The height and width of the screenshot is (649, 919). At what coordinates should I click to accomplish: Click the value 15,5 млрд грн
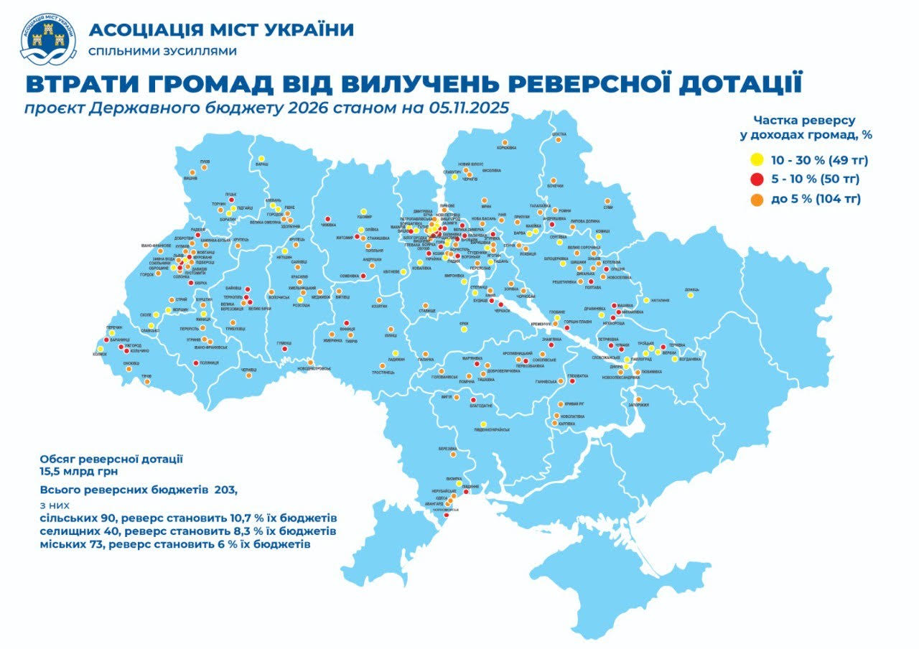78,472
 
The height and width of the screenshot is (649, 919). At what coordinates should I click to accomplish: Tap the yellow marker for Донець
691,295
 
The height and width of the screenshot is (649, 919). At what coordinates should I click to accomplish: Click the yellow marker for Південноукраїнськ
483,424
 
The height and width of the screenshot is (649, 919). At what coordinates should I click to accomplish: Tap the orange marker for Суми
607,201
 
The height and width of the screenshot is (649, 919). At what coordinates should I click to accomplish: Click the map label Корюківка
506,149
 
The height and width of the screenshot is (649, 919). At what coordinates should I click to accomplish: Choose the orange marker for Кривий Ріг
560,404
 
